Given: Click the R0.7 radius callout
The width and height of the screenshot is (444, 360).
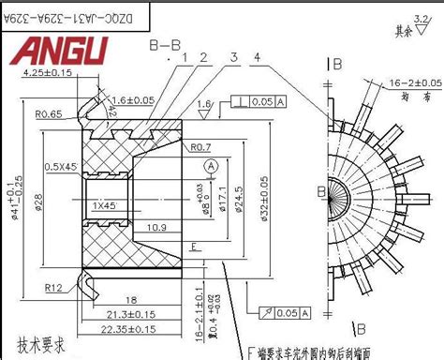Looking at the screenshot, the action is tap(199, 145).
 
